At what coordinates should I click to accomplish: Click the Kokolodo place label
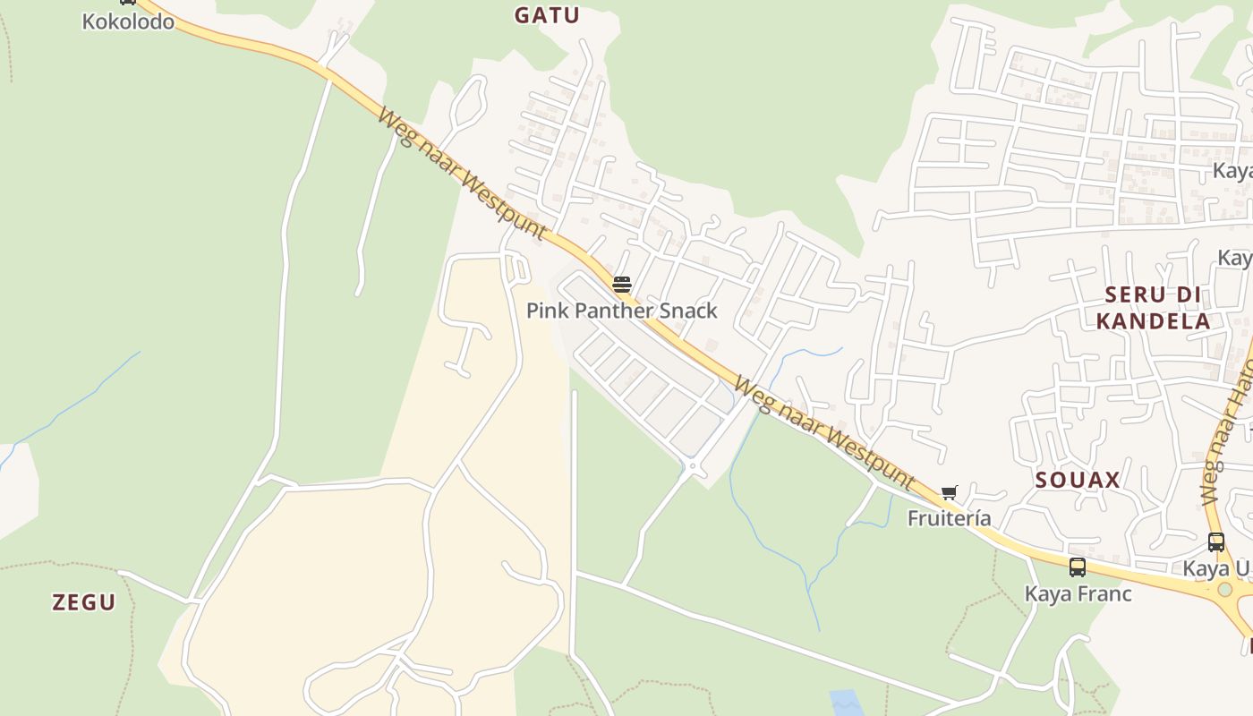click(128, 21)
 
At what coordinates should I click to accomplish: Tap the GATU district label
click(547, 15)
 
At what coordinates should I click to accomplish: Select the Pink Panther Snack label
click(621, 311)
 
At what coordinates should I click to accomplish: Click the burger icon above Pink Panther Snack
click(622, 285)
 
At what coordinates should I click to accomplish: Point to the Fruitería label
click(949, 518)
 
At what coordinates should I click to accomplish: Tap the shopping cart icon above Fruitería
click(949, 492)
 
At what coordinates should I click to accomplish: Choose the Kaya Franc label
click(1078, 593)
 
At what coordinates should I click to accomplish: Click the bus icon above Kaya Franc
click(1078, 567)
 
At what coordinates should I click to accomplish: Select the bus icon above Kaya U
click(1215, 541)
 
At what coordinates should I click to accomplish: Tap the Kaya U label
click(1215, 568)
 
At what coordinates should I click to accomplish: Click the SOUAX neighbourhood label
click(1078, 480)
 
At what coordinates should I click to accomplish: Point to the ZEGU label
click(84, 602)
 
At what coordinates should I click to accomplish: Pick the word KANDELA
click(1153, 320)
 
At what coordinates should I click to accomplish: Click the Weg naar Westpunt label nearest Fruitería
click(823, 434)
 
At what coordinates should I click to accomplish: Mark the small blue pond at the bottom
click(847, 703)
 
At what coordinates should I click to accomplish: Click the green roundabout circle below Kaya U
click(1224, 590)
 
